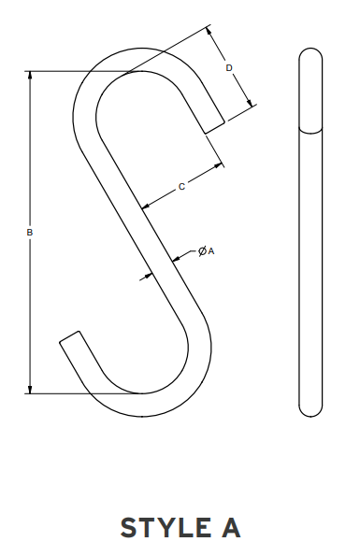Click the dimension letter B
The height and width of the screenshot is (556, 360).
(31, 232)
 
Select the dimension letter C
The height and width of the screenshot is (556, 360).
(180, 187)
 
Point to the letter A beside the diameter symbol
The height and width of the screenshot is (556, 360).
(211, 251)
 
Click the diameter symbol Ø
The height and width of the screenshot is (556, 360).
(201, 251)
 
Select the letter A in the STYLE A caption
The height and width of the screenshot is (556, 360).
(230, 527)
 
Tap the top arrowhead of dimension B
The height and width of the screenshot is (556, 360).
(31, 76)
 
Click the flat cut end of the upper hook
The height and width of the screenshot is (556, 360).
(213, 125)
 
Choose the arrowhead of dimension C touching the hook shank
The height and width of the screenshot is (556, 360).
(144, 205)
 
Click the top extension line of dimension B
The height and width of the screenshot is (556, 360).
(84, 71)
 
